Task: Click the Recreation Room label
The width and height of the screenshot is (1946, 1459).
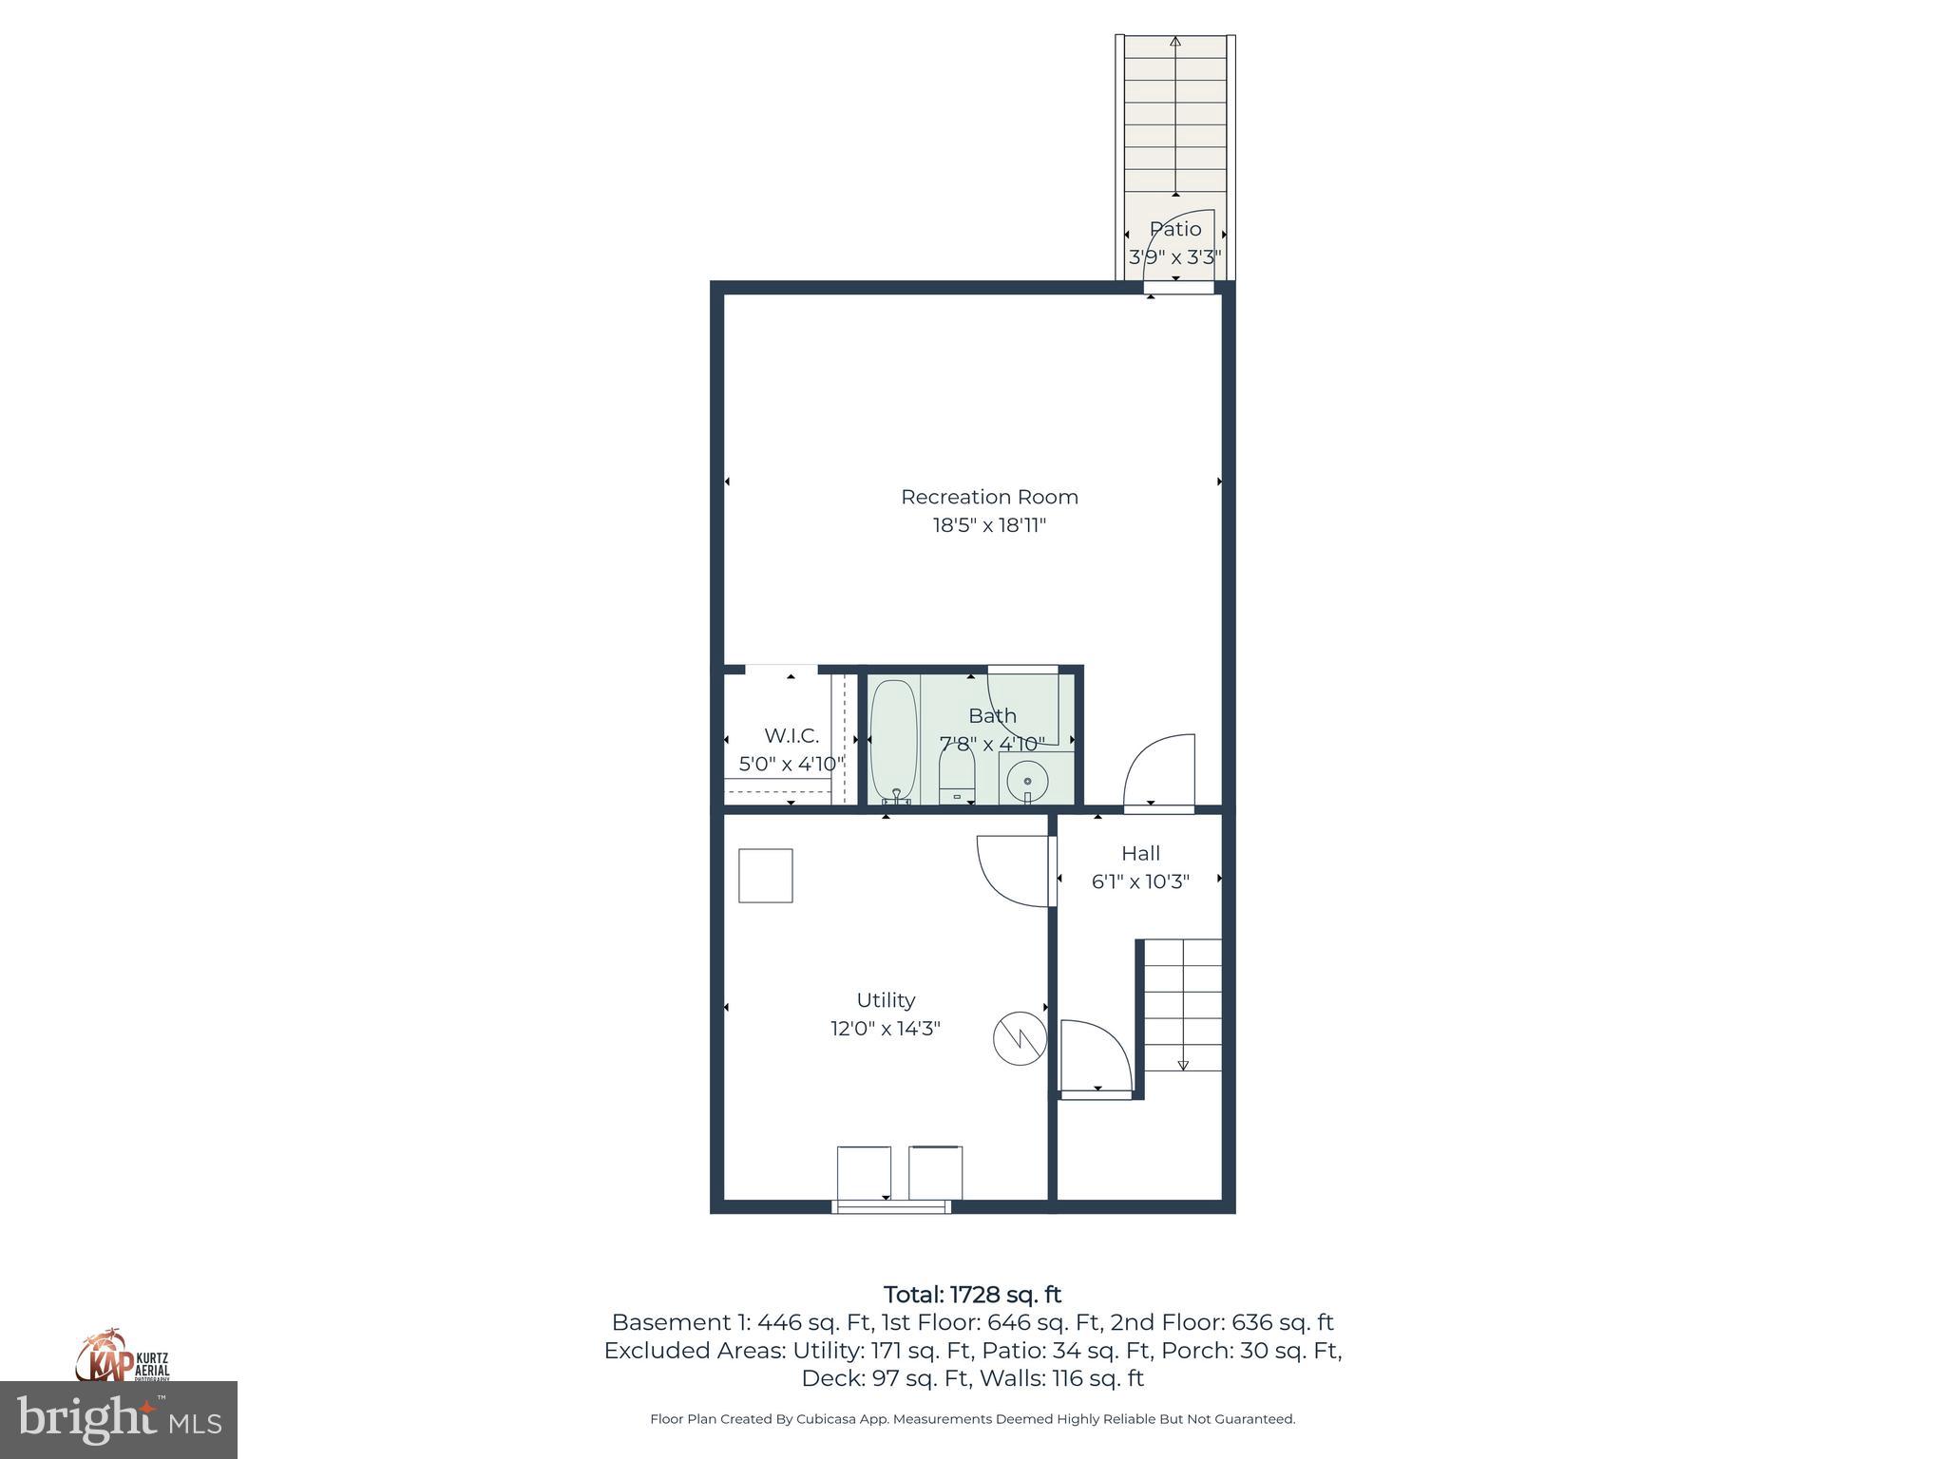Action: pyautogui.click(x=989, y=497)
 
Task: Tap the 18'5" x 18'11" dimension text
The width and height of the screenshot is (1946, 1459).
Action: pyautogui.click(x=989, y=525)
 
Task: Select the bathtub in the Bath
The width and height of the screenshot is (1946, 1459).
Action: pyautogui.click(x=893, y=741)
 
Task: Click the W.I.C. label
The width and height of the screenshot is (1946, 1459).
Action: pyautogui.click(x=792, y=736)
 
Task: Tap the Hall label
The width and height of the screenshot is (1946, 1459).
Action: pyautogui.click(x=1140, y=853)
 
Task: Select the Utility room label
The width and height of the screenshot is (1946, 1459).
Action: pyautogui.click(x=886, y=1000)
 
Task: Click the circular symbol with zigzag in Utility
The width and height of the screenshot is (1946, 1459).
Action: pyautogui.click(x=1020, y=1038)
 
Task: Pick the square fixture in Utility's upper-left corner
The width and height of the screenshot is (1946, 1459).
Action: pyautogui.click(x=766, y=875)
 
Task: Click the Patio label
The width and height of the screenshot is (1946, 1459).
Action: pyautogui.click(x=1175, y=229)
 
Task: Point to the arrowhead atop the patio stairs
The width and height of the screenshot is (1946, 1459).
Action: pyautogui.click(x=1175, y=42)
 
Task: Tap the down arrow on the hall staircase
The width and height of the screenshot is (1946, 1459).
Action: pyautogui.click(x=1183, y=1065)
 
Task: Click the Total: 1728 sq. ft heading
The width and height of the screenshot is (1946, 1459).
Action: pyautogui.click(x=972, y=1295)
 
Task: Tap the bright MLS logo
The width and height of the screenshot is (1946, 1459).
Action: pyautogui.click(x=119, y=1419)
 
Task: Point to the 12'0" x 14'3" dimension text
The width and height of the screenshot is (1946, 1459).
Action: pyautogui.click(x=886, y=1029)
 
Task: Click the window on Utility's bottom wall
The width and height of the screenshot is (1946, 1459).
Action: pyautogui.click(x=891, y=1206)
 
